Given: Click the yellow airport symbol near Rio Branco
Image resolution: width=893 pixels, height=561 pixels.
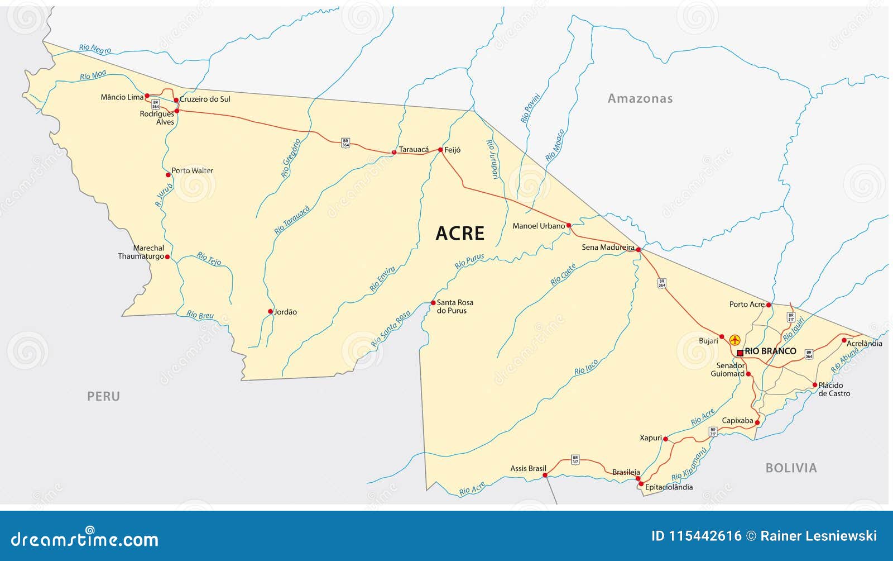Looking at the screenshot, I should click(734, 340).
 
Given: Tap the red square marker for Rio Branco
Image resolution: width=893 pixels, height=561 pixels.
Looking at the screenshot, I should click(740, 353).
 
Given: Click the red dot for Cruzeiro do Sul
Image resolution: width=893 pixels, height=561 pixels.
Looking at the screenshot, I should click(176, 101).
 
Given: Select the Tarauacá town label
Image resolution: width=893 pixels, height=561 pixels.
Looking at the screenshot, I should click(414, 149).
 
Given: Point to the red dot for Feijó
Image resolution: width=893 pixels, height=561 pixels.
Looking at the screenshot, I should click(440, 150).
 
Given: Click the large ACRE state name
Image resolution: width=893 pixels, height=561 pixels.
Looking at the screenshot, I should click(460, 234).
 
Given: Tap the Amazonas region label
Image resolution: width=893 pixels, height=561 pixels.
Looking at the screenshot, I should click(640, 99).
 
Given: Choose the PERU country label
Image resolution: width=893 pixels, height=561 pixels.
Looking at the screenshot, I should click(103, 396).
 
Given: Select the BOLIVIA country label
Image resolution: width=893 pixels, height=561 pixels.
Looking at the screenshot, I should click(791, 468).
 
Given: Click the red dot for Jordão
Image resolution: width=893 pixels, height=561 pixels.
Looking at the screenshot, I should click(271, 312).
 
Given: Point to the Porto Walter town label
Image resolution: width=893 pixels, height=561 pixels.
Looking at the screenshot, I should click(192, 170).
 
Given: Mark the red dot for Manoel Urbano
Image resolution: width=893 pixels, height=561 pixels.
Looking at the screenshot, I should click(569, 226).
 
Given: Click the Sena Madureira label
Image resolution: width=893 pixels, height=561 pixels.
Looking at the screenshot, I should click(608, 247).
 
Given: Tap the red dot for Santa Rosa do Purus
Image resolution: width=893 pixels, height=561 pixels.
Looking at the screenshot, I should click(433, 303).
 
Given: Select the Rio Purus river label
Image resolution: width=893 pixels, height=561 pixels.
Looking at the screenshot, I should click(469, 261).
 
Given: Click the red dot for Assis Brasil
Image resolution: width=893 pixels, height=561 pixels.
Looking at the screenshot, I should click(545, 476).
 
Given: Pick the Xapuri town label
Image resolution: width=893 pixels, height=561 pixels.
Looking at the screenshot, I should click(651, 438).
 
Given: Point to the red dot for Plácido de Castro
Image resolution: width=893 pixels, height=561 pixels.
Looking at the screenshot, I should click(815, 385).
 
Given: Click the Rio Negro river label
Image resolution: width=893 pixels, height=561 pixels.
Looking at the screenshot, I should click(95, 49).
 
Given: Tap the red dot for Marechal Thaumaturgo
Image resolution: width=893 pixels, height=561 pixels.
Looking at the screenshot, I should click(167, 257).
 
